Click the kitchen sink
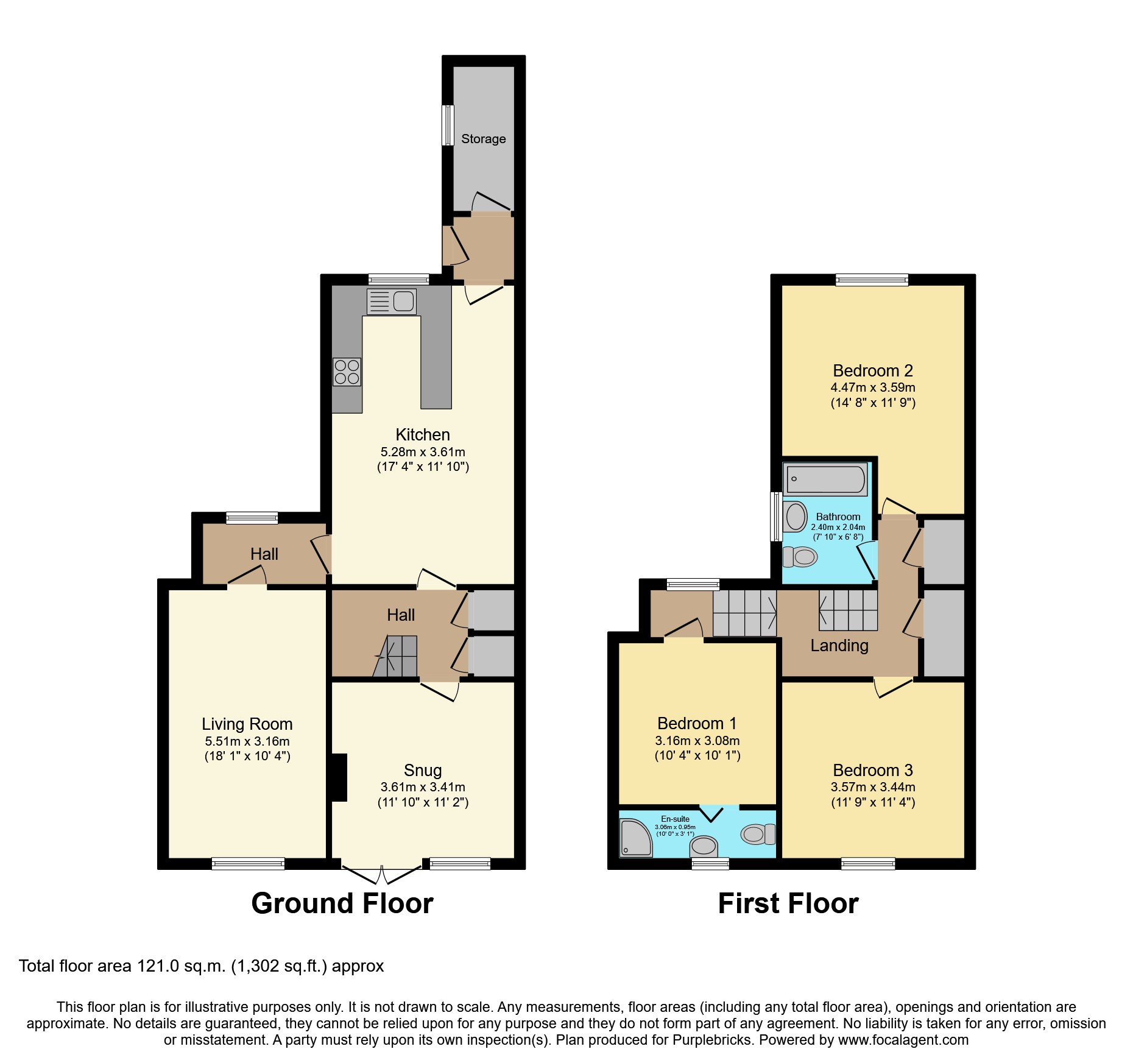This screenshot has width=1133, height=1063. coord(392,302)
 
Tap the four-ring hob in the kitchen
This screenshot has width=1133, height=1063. coord(347,372)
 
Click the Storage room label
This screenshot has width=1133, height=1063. coord(483,139)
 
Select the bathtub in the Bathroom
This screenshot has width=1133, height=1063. coord(825,479)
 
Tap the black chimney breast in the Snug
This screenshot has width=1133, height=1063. coord(338,777)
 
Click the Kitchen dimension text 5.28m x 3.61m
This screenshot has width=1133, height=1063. coord(423,452)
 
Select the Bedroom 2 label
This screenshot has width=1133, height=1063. coord(872,370)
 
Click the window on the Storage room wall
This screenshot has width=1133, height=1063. coord(448,125)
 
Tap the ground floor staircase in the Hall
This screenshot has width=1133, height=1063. coord(396,657)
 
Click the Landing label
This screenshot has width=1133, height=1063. coord(839,646)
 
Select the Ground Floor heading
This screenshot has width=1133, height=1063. coord(342,903)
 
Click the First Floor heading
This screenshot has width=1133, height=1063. coord(788,903)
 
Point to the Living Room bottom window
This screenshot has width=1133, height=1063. coord(248,863)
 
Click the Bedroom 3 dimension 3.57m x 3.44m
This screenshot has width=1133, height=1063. coord(872,787)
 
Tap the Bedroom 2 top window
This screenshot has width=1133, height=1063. coord(872,280)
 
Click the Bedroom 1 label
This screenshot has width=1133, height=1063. coord(697,724)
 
